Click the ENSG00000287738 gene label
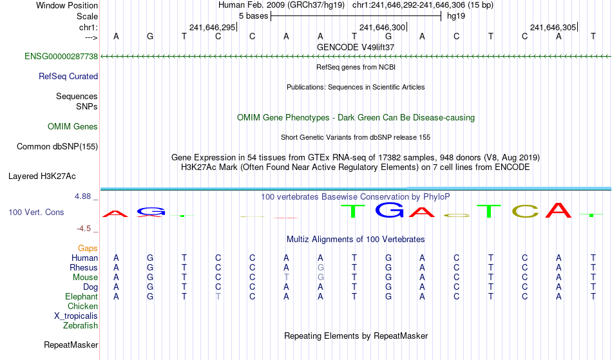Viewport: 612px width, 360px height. click(61, 57)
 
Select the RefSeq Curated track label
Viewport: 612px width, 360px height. click(68, 77)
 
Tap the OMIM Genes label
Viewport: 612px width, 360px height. click(73, 127)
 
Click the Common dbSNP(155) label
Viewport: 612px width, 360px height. click(57, 147)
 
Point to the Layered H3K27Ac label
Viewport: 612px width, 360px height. click(42, 176)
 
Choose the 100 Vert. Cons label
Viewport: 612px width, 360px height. click(36, 212)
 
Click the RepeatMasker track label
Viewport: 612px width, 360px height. click(71, 345)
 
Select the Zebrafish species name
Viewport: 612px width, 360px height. click(81, 326)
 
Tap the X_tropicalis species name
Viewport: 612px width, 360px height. click(76, 316)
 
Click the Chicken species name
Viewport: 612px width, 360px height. click(82, 306)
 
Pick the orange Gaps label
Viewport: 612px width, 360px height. click(88, 249)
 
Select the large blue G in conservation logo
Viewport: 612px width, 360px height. click(390, 210)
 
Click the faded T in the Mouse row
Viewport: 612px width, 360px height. click(286, 278)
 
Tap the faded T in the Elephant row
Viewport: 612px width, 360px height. click(218, 297)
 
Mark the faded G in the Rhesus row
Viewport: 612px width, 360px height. click(320, 267)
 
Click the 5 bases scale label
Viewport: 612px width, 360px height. click(254, 16)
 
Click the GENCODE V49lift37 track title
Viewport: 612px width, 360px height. click(356, 47)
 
